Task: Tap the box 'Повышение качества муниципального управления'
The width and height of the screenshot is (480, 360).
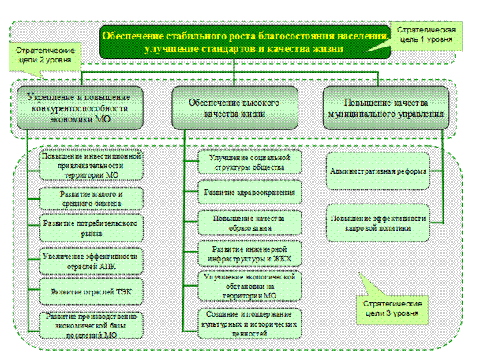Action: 387,107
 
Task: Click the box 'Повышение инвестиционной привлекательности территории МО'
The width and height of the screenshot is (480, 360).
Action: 91,163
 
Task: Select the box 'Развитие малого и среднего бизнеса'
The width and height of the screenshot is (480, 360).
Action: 91,197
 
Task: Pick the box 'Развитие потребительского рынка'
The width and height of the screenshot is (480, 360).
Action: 91,228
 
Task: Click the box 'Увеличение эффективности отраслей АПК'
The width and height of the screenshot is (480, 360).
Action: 91,261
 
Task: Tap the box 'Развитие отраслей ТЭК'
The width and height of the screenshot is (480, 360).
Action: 91,291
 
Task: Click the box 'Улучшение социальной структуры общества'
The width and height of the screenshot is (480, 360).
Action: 250,162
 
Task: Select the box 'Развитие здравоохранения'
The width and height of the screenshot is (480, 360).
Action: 250,193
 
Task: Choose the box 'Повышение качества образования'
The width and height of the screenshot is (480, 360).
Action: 250,223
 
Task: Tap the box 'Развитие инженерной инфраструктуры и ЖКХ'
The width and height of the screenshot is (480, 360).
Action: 250,253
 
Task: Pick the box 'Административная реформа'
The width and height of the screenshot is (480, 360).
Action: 379,171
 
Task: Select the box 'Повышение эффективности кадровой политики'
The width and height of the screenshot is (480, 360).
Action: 379,223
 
